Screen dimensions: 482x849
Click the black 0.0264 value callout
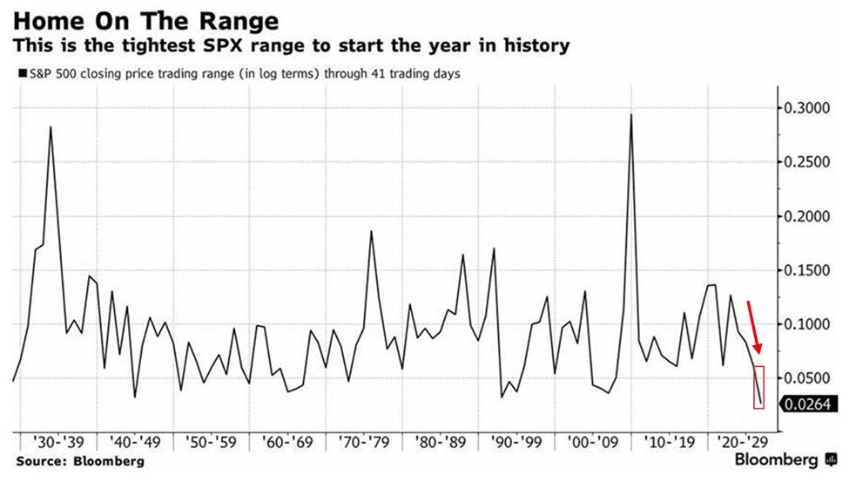[806, 404]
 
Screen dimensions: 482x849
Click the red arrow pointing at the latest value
[754, 328]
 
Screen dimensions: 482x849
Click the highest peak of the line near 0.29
[630, 115]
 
